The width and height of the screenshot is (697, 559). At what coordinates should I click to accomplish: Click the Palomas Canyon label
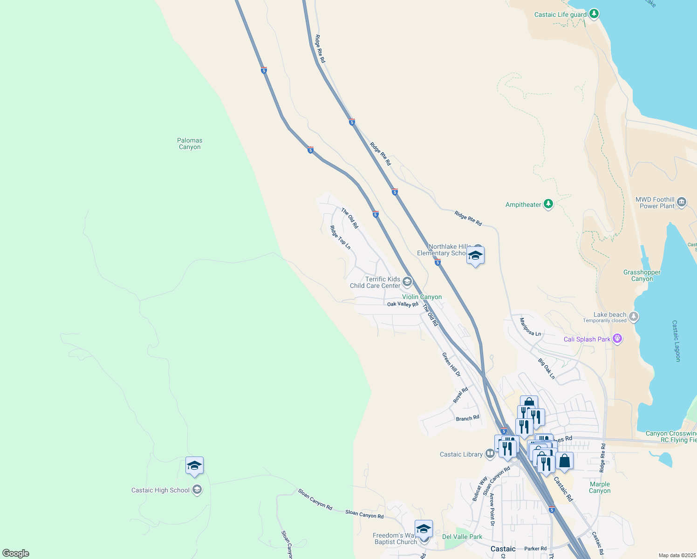click(x=190, y=143)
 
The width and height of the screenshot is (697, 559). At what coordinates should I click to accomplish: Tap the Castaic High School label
click(x=160, y=490)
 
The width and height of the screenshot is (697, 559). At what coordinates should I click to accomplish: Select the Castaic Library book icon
click(x=490, y=453)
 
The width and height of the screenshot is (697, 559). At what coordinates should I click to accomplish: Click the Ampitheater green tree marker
click(x=548, y=204)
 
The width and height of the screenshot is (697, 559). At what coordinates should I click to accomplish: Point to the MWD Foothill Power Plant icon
click(x=681, y=202)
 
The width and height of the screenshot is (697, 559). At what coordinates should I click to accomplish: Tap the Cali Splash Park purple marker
click(x=617, y=339)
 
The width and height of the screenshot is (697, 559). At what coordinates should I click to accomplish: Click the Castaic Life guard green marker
click(x=594, y=14)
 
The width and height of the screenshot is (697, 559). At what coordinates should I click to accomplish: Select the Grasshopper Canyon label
click(x=642, y=276)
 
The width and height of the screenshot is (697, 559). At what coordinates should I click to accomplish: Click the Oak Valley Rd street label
click(x=403, y=304)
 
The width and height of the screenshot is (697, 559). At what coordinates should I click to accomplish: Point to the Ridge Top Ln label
click(x=340, y=238)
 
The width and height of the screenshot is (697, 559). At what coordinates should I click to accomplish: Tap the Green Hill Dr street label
click(x=451, y=364)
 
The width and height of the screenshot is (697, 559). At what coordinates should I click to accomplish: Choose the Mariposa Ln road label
click(x=530, y=327)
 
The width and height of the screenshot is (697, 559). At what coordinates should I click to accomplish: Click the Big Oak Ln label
click(x=547, y=368)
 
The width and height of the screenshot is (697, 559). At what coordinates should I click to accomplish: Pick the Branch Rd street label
click(x=467, y=418)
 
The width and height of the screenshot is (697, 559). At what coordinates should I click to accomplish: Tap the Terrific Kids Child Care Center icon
click(x=407, y=281)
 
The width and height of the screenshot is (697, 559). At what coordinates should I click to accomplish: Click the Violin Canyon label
click(x=422, y=297)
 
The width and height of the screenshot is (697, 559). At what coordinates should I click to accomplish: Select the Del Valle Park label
click(x=462, y=537)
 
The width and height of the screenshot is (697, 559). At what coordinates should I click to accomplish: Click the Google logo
click(x=16, y=553)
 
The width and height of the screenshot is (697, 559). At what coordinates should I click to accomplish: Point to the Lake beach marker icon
click(x=633, y=317)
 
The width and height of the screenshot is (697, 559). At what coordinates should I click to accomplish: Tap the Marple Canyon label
click(x=600, y=487)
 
